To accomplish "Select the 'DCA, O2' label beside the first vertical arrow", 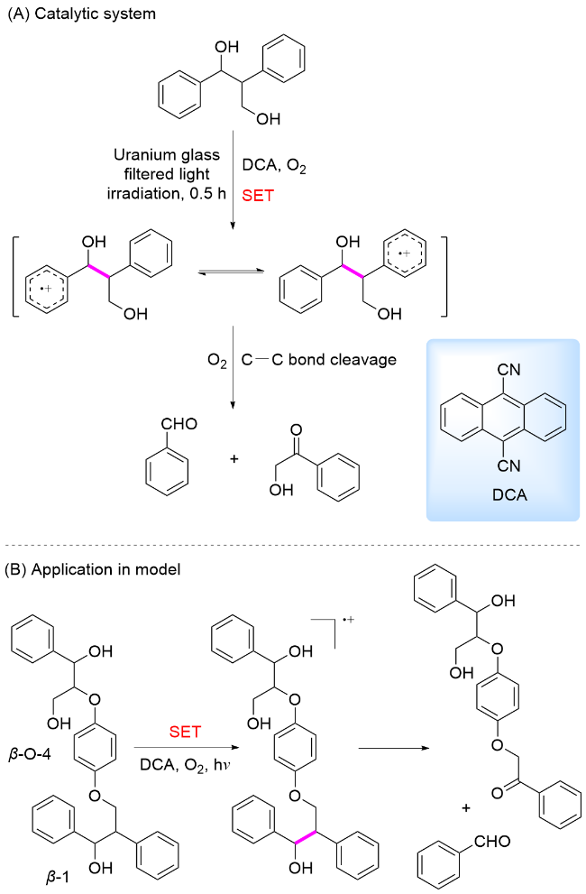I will (274, 168).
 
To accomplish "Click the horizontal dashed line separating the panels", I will (293, 546).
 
